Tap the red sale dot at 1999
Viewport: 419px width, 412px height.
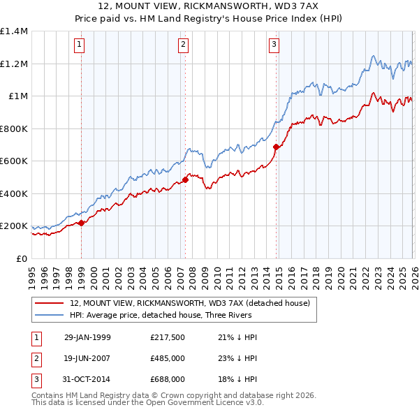[x=82, y=223]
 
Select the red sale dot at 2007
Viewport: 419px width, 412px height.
[x=185, y=180]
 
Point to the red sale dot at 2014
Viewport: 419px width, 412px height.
[x=276, y=147]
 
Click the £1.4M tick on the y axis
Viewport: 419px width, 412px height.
[x=14, y=31]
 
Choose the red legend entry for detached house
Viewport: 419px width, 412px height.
[x=193, y=303]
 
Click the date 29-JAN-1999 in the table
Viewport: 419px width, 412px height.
[x=87, y=337]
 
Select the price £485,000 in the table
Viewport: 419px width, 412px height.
[x=168, y=358]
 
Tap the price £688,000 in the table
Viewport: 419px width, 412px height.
[x=168, y=379]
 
